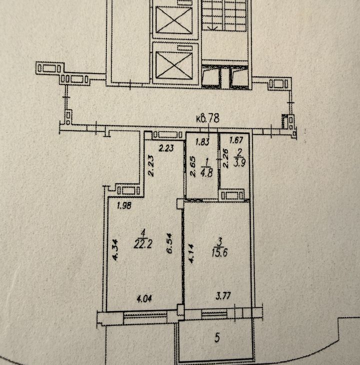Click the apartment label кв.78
[x=207, y=118]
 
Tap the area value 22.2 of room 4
[x=143, y=244]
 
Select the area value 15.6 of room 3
[x=219, y=252]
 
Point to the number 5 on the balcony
[x=217, y=337]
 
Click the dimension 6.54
[x=169, y=243]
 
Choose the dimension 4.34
[x=115, y=250]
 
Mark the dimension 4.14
[x=191, y=253]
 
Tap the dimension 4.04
[x=144, y=298]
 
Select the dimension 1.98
[x=124, y=205]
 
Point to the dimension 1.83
[x=202, y=142]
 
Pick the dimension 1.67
[x=236, y=140]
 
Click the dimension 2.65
[x=192, y=166]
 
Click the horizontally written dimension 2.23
[x=166, y=148]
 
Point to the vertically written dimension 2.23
[x=151, y=166]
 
